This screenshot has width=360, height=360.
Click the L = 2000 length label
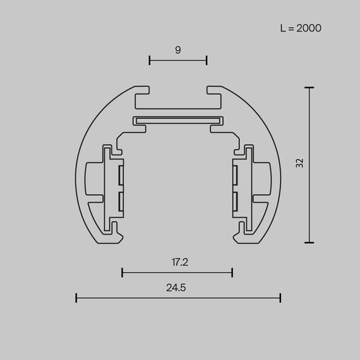pos(301,28)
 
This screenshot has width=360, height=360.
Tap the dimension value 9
pos(178,49)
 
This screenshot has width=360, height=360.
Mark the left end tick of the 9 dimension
pos(150,61)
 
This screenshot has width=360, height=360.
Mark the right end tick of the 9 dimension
pos(207,61)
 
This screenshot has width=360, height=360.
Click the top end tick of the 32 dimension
pos(309,88)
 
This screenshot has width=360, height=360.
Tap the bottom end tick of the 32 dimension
pos(309,242)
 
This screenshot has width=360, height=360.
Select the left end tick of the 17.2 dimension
pos(123,273)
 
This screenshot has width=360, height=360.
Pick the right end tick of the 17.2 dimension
pos(232,273)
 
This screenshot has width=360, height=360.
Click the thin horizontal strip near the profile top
pos(177,120)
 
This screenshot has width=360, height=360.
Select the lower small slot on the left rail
pos(121,201)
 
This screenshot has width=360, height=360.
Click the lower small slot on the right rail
pos(235,201)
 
